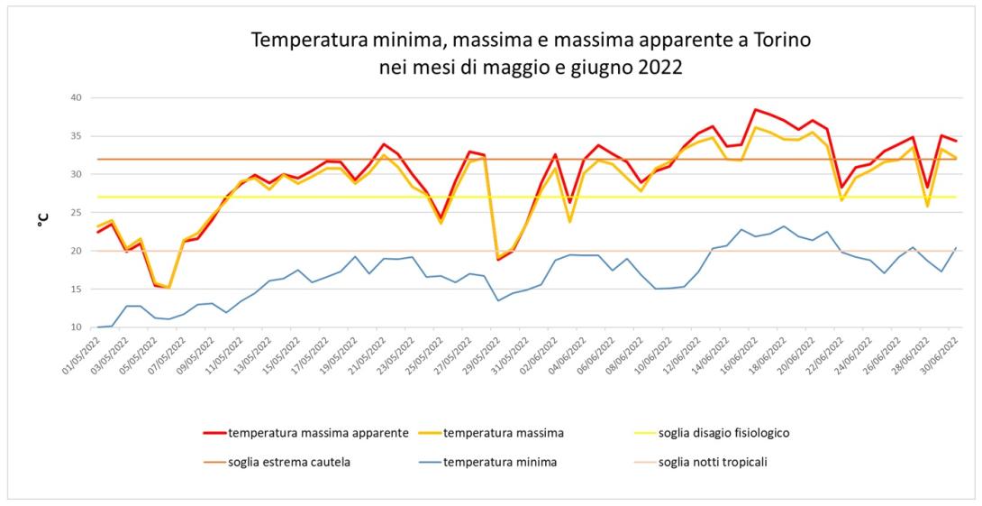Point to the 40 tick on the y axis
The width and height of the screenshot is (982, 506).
pyautogui.click(x=76, y=97)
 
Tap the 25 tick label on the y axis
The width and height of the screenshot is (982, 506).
pyautogui.click(x=76, y=213)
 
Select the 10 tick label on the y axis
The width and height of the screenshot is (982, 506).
pyautogui.click(x=76, y=327)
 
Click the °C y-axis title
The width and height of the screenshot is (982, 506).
pyautogui.click(x=42, y=217)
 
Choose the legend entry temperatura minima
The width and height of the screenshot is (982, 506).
pyautogui.click(x=500, y=463)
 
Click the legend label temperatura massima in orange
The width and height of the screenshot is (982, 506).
pyautogui.click(x=504, y=432)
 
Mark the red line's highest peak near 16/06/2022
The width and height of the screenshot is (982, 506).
pyautogui.click(x=756, y=109)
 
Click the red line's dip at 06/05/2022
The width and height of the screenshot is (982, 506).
pyautogui.click(x=169, y=287)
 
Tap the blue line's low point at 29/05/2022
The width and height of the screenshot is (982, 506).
pyautogui.click(x=499, y=300)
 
